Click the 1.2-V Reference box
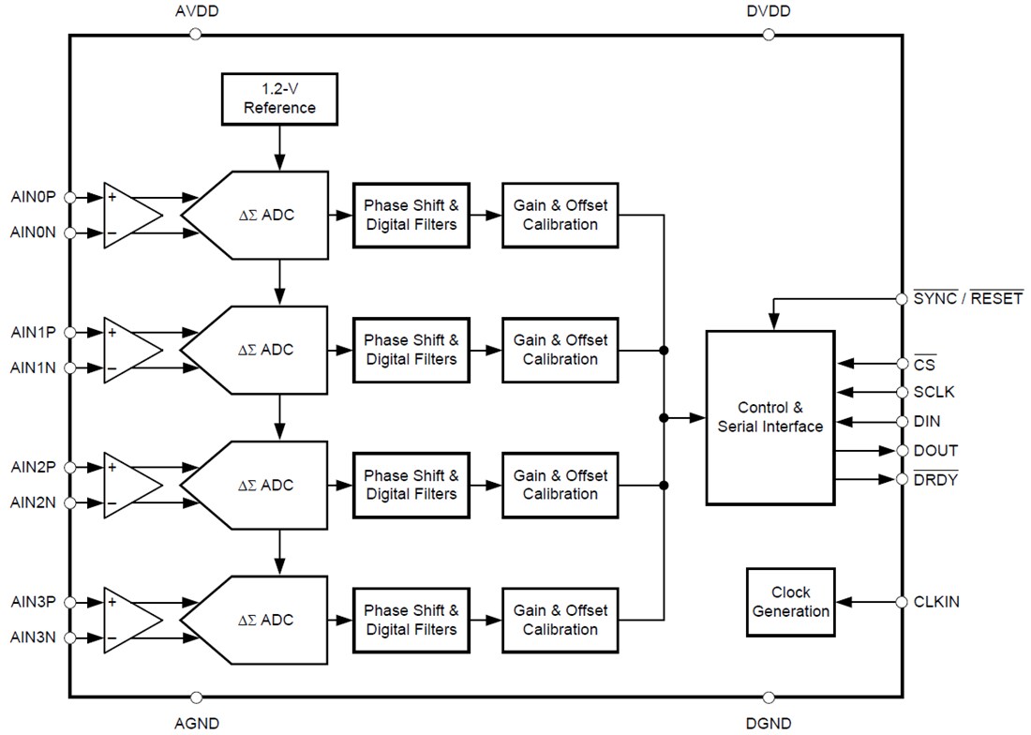(x=279, y=98)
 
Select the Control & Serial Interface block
(x=770, y=417)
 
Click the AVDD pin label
(x=196, y=12)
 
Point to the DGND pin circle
(x=769, y=697)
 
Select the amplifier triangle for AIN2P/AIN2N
(x=132, y=485)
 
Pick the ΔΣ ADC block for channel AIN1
(x=262, y=350)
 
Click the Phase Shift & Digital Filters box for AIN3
(x=411, y=620)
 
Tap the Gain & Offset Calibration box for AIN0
(x=560, y=215)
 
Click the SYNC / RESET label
(x=967, y=299)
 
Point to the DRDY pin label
(x=935, y=479)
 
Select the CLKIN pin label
(x=936, y=602)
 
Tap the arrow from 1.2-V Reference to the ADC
(x=279, y=148)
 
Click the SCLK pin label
(x=934, y=392)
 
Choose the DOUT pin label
(x=935, y=450)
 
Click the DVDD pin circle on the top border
(x=769, y=34)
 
